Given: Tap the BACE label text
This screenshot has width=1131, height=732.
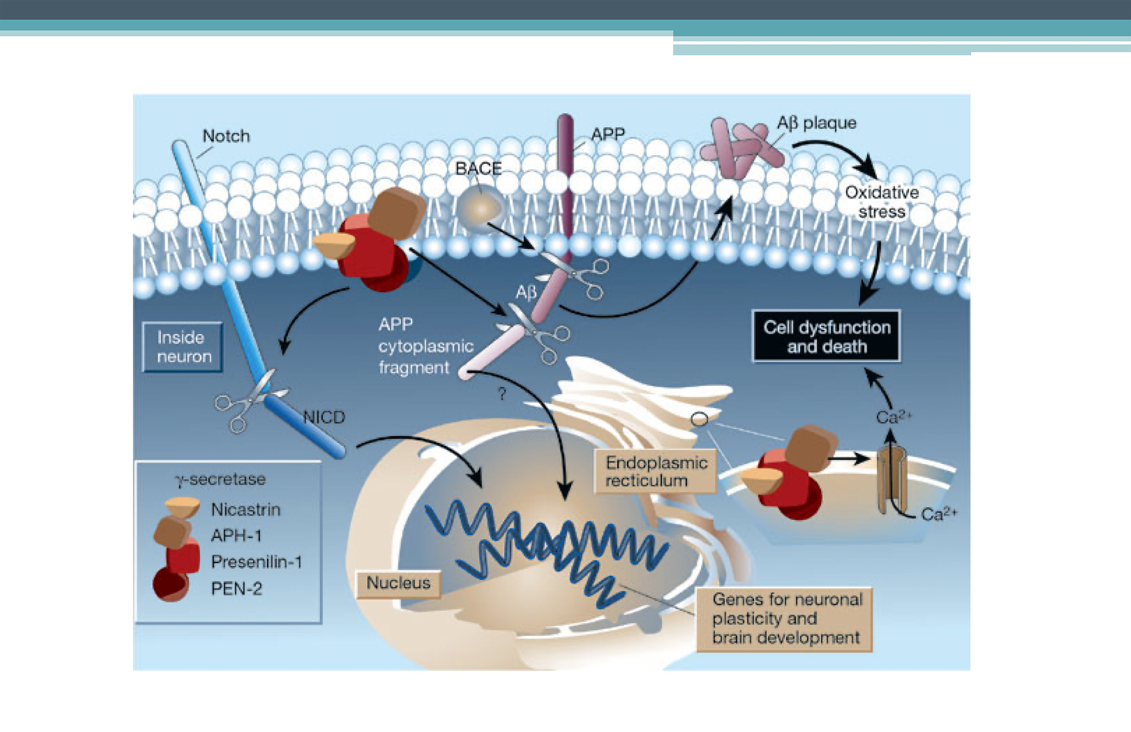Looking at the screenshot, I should pos(478,169).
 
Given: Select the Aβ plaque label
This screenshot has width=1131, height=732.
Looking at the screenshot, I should pos(817,123).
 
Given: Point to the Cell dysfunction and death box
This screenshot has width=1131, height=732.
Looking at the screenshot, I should pos(826,336).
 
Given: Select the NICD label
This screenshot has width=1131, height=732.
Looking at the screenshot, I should pos(324,417).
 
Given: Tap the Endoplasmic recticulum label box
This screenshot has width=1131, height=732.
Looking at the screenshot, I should pos(656,472).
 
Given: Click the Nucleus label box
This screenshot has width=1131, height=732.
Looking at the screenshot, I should pos(398,583).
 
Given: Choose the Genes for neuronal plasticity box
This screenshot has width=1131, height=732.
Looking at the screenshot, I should pos(785,618).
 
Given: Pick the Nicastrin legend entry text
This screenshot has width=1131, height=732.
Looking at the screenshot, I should pos(246,509).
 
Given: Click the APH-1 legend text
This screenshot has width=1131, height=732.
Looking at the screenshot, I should pos(236,536).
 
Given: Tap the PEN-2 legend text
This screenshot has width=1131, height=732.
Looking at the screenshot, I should pos(236,589).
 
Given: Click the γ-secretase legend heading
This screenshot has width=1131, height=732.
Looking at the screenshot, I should pos(221,479).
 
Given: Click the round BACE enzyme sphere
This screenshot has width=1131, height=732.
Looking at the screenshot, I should pos(480,208).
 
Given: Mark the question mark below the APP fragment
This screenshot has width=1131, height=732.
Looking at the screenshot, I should pos(502,394).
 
